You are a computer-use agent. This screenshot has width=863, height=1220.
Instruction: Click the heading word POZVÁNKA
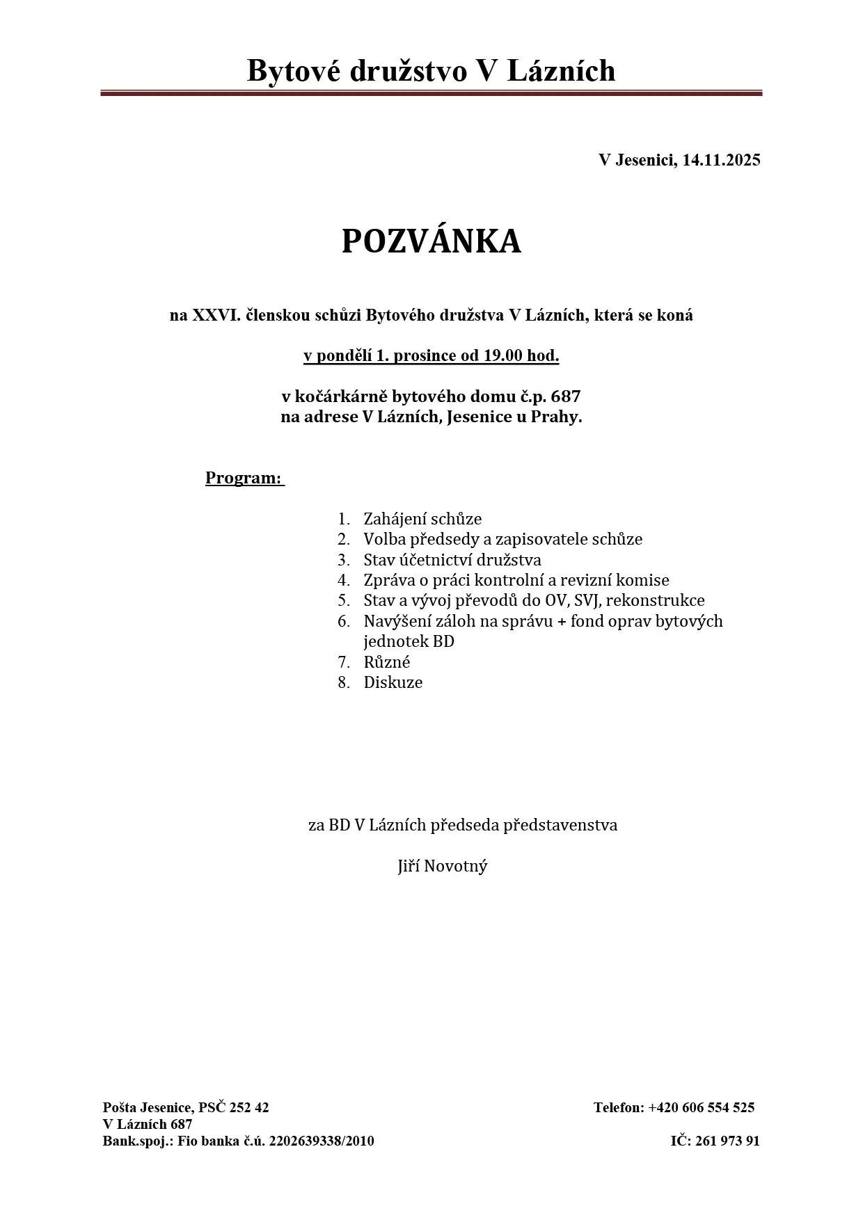[431, 241]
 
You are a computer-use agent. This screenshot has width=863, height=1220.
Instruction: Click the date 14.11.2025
[721, 160]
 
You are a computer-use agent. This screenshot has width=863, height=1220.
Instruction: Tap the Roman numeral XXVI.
[216, 315]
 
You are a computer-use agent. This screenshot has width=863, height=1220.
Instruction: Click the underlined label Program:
[244, 478]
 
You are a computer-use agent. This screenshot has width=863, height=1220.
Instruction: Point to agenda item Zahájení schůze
[422, 519]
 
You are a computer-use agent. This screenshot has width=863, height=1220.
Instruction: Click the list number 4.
[344, 580]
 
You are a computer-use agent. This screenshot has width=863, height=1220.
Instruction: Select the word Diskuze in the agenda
[393, 682]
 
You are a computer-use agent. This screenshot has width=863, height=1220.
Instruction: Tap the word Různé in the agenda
[386, 662]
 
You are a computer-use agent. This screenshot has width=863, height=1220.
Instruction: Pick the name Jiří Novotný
[443, 866]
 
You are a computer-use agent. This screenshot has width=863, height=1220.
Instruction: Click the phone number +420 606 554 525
[702, 1107]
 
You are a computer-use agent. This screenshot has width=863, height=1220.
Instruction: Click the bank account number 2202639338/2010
[322, 1141]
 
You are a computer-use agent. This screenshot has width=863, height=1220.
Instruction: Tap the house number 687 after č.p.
[565, 397]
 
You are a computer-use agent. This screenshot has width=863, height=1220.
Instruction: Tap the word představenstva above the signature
[560, 825]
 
